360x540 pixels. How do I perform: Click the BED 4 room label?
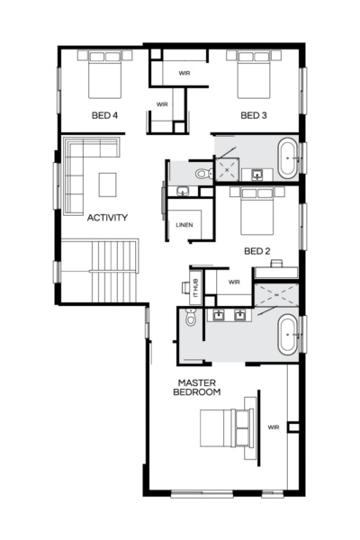click(x=104, y=115)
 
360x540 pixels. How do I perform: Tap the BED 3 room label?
click(x=255, y=115)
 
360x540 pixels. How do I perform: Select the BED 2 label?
click(x=256, y=250)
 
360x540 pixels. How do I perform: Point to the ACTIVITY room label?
click(x=107, y=217)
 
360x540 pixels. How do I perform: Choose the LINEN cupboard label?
click(x=184, y=224)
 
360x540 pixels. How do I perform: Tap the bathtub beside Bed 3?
click(x=289, y=157)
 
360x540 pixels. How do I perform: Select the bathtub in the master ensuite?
click(x=289, y=334)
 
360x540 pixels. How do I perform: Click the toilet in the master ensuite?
click(x=190, y=317)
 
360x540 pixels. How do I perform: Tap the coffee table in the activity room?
click(x=108, y=184)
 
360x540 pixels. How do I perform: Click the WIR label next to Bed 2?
click(x=234, y=282)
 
